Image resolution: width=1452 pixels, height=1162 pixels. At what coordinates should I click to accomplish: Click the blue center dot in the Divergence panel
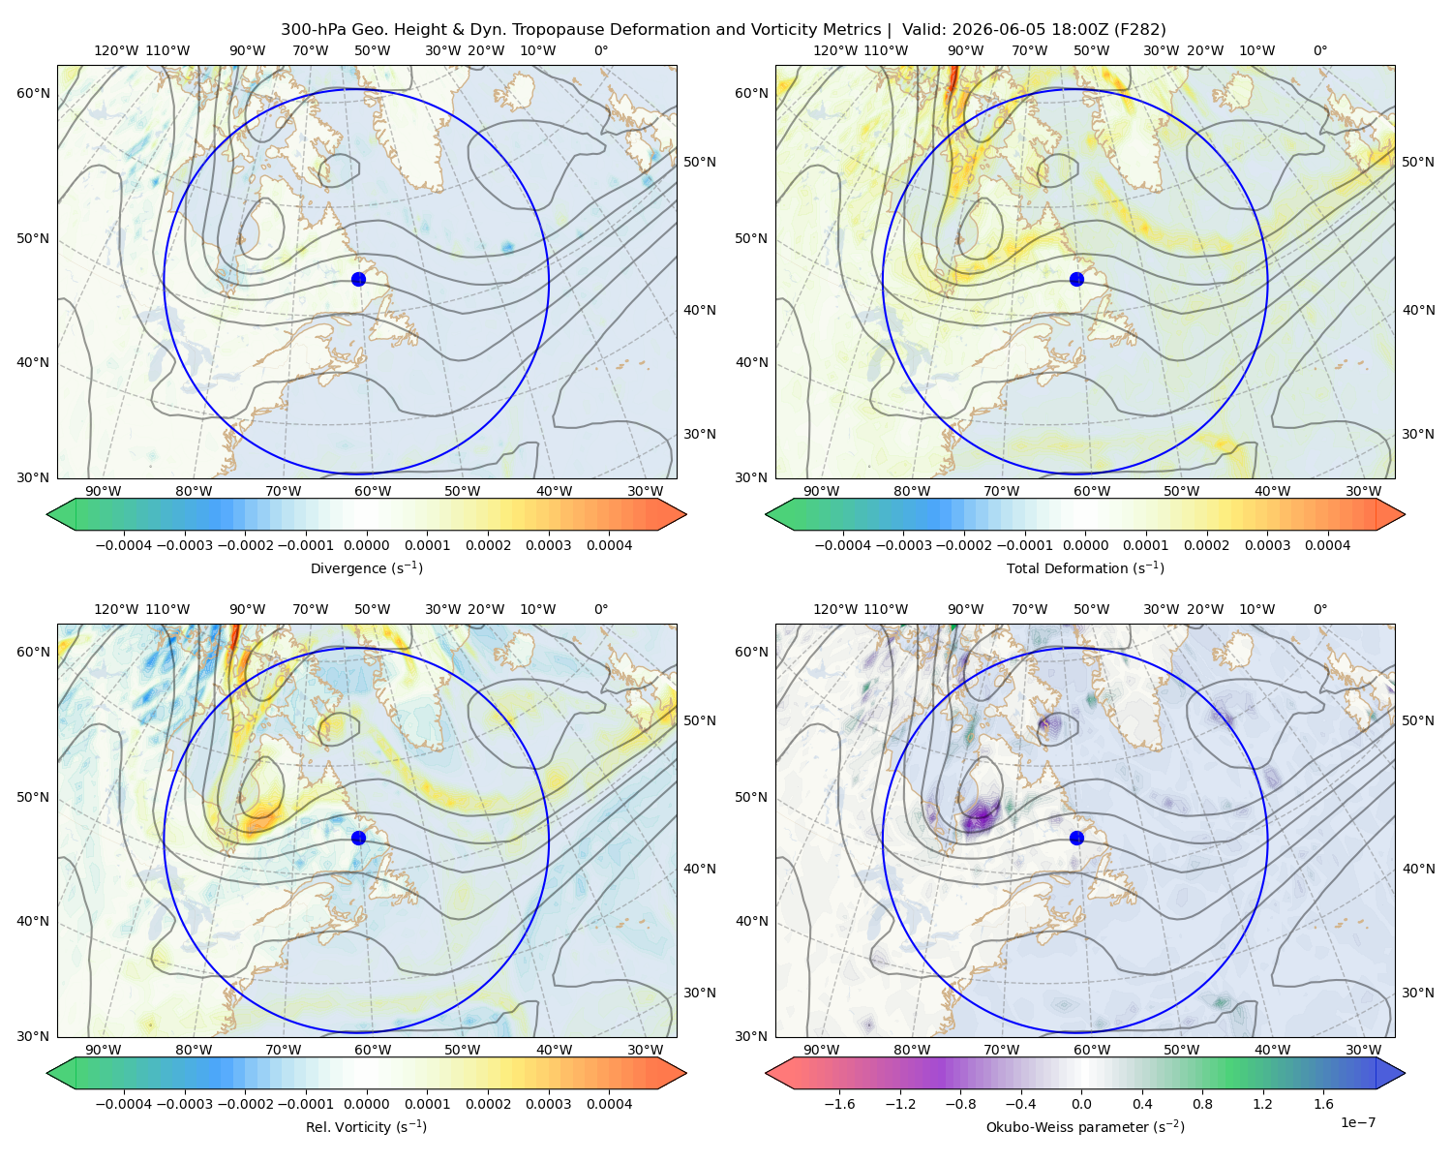coord(358,280)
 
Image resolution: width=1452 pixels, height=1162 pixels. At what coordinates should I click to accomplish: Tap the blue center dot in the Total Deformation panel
coord(1076,280)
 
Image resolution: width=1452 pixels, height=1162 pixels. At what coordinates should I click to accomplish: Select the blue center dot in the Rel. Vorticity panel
coord(358,838)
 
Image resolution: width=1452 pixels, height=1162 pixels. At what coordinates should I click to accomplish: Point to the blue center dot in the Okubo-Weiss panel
coord(1076,838)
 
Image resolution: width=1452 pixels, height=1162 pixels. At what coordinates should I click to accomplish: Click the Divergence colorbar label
coord(366,568)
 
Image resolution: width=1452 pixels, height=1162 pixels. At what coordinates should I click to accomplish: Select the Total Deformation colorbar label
coord(1085,568)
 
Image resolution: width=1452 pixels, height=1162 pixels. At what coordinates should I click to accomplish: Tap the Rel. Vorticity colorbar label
coord(366,1127)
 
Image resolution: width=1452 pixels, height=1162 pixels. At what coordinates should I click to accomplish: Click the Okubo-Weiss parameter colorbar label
coord(1085,1127)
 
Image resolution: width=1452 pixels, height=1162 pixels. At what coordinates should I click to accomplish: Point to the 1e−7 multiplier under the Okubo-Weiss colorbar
coord(1357,1123)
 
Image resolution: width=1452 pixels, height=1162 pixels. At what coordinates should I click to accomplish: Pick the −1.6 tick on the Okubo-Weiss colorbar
coord(840,1104)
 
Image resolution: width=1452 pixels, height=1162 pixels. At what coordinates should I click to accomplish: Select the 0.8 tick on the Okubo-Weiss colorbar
coord(1202,1104)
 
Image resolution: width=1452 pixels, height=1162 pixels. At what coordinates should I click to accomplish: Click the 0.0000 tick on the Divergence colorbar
coord(366,545)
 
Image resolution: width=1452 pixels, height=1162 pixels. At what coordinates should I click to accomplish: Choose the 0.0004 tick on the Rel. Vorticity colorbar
coord(609,1104)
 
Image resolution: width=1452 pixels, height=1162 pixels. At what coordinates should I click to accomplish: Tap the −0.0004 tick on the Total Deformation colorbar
coord(843,545)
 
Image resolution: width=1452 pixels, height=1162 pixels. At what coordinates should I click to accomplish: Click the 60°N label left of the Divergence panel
coord(33,93)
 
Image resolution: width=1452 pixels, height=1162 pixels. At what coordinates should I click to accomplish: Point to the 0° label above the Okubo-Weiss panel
coord(1319,609)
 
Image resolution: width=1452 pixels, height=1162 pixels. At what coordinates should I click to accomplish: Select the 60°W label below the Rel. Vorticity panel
coord(373,1050)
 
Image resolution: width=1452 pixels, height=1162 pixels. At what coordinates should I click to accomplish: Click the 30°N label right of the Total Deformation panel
coord(1418,434)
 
